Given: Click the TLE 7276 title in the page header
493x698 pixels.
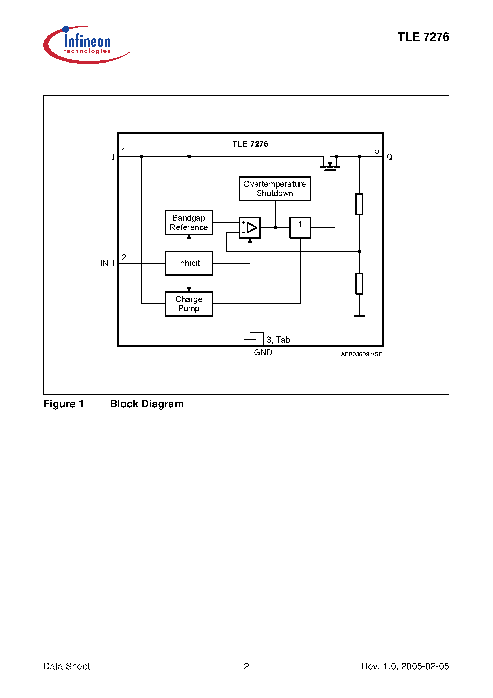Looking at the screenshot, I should coord(423,37).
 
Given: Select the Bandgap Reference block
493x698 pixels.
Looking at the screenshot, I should coord(189,223).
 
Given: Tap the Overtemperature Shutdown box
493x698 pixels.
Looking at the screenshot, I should coord(275,189).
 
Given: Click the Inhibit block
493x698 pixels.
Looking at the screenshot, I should coord(189,263).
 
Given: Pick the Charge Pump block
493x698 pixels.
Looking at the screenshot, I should coord(189,304).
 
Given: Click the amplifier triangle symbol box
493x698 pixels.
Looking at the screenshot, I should coord(250,228).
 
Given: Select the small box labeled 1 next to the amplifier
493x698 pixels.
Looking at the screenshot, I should coord(300,228).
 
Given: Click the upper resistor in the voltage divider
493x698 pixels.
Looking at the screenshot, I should coord(359,204).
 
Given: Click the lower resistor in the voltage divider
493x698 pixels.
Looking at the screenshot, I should coord(359,283).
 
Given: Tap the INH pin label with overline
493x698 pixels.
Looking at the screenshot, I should coord(108,263).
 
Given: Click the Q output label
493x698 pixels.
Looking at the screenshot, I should coord(389,157).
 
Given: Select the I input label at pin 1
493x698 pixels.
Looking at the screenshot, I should coord(113,157).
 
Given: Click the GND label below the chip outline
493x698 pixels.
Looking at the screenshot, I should coord(263,353).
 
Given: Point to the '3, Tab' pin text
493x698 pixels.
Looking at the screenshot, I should coord(278,340).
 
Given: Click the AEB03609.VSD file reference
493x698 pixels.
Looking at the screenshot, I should coord(361,354).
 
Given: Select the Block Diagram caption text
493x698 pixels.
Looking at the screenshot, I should coord(147,404).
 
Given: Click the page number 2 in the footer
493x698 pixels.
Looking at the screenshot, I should coord(246,666).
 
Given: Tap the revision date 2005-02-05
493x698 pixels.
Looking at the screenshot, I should coord(425,666).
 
